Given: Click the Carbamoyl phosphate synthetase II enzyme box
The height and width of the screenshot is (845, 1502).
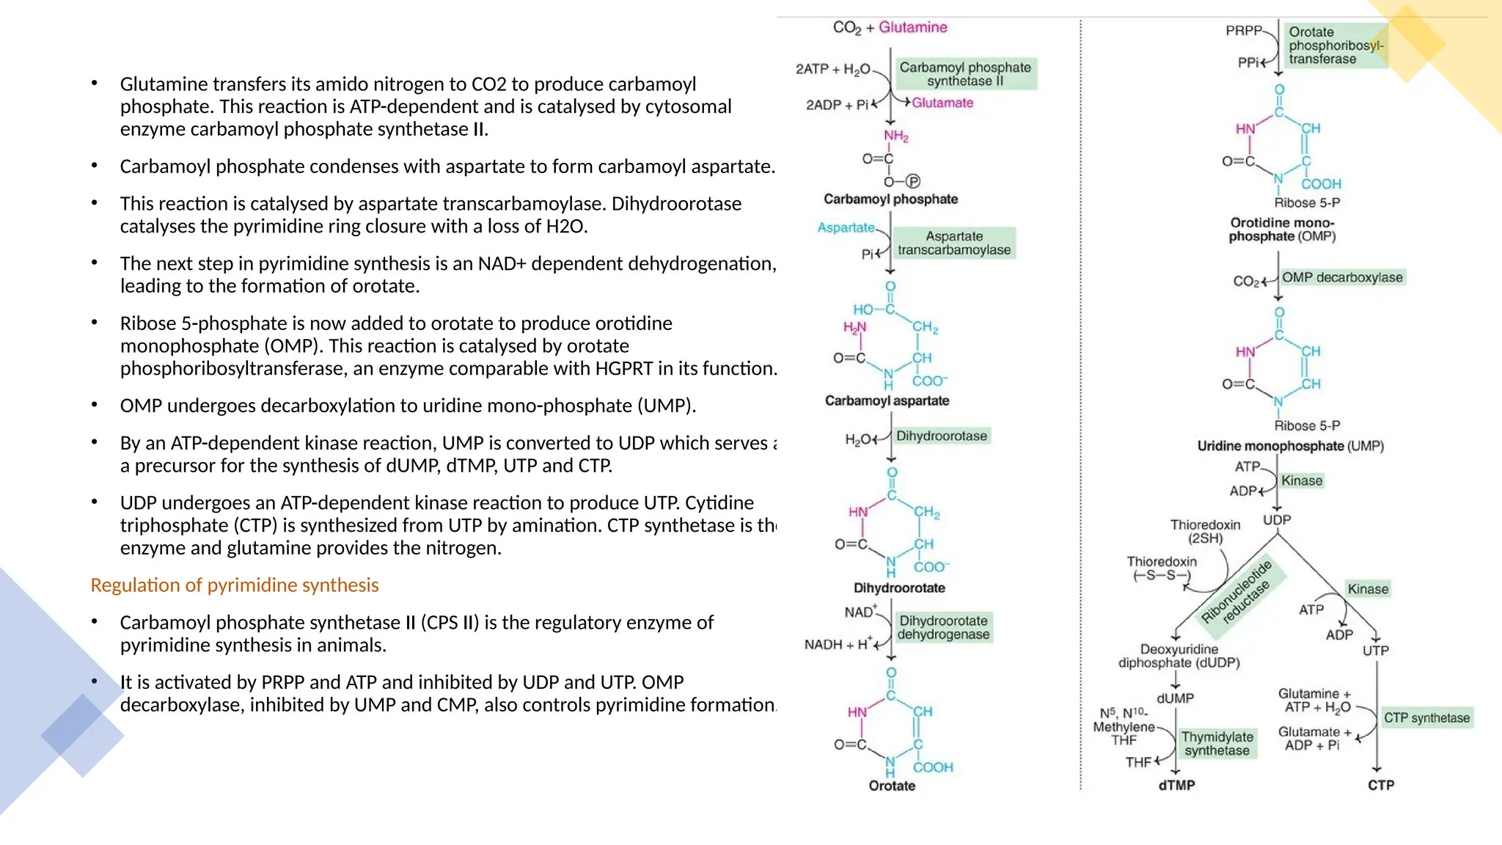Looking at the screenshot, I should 964,74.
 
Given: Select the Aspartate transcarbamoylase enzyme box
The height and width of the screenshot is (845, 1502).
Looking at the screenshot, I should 953,243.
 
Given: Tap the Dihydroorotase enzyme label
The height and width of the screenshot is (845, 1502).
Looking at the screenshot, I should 942,436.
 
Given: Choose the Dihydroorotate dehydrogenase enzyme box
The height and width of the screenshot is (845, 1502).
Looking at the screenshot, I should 943,628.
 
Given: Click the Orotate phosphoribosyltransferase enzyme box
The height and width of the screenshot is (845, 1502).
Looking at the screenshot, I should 1336,45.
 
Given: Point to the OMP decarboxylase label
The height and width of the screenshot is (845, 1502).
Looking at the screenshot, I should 1342,277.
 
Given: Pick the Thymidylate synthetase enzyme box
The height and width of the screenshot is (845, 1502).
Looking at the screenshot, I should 1217,743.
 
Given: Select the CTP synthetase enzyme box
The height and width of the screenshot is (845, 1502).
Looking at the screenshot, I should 1426,717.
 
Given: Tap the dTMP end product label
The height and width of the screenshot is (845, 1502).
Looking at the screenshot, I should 1176,785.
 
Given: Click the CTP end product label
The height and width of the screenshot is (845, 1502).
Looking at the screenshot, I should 1380,785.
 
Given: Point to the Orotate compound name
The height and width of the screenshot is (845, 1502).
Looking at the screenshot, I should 892,786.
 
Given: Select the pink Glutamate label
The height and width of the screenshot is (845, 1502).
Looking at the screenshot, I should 942,103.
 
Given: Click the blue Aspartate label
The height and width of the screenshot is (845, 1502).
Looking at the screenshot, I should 846,227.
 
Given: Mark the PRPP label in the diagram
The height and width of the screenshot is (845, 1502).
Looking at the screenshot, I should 1243,31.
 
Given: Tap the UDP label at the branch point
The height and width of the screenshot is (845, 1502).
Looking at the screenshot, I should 1277,520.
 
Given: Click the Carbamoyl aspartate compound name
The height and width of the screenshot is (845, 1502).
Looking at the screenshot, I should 887,400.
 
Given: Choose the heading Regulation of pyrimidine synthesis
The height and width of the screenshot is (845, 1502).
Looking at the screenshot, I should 235,585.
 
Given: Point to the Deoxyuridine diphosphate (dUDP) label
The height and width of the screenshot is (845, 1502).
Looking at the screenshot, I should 1179,656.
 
